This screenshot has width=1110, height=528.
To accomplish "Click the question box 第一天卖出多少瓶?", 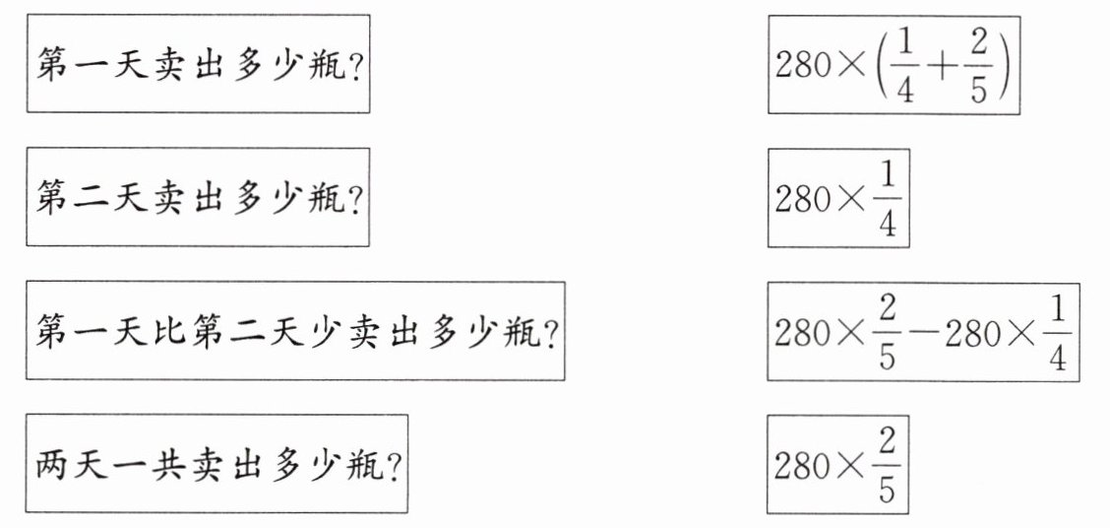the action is pyautogui.click(x=198, y=64).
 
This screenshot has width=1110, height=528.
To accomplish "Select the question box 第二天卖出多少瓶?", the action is pyautogui.click(x=198, y=197).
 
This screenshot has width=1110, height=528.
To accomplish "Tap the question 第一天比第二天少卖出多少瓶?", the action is pyautogui.click(x=295, y=331).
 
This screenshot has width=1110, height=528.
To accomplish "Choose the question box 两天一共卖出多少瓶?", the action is pyautogui.click(x=216, y=463).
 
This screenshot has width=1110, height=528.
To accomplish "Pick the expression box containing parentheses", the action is pyautogui.click(x=894, y=64).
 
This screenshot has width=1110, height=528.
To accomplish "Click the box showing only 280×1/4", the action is pyautogui.click(x=839, y=198).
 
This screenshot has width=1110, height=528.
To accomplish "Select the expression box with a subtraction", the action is pyautogui.click(x=924, y=331).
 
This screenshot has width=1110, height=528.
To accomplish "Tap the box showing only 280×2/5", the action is pyautogui.click(x=839, y=464).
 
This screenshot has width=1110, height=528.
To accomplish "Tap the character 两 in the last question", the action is pyautogui.click(x=56, y=464).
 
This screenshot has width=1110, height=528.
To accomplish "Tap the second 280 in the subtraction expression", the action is pyautogui.click(x=969, y=333).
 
